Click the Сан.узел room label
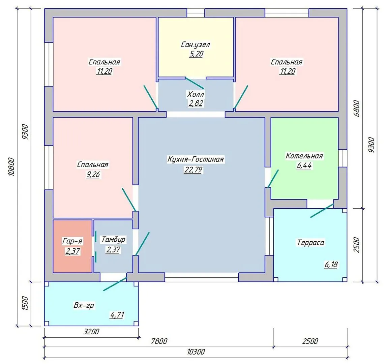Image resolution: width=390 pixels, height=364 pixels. [196, 44]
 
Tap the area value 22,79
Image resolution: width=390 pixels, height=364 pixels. [193, 170]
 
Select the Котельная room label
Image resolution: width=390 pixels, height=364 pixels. [304, 156]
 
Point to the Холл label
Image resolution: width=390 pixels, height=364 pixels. [196, 94]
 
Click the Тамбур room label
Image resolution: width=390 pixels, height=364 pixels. [113, 239]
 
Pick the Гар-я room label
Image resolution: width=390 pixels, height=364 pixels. [72, 241]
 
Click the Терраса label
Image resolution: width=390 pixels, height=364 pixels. [311, 242]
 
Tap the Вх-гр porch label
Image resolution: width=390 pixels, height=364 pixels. [84, 305]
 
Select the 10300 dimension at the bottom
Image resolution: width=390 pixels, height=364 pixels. [196, 352]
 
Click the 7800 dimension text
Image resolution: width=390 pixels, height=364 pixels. [159, 341]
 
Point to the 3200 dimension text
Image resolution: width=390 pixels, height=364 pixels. [91, 331]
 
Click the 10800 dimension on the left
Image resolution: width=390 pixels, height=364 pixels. [12, 167]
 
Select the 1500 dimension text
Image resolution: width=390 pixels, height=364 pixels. [25, 303]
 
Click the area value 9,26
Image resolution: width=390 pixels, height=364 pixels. [93, 175]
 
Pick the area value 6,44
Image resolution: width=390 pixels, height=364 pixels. [304, 165]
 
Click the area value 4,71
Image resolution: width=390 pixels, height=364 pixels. [117, 315]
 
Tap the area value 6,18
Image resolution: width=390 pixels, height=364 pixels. [331, 264]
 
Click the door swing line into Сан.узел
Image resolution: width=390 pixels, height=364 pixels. [195, 83]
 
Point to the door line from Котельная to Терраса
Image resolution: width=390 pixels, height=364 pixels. [322, 211]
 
